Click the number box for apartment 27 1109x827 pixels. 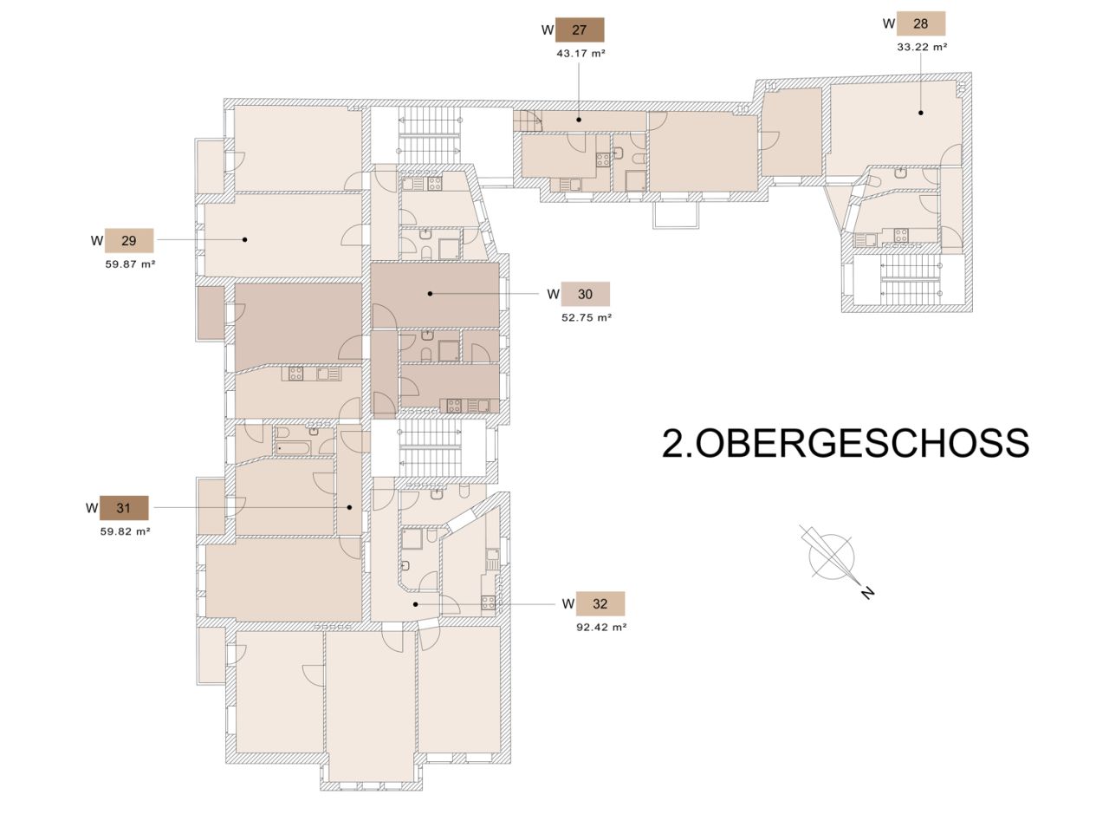point(580,30)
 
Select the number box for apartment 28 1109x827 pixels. point(920,23)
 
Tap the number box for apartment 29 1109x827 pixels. point(129,240)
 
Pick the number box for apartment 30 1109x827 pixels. point(585,294)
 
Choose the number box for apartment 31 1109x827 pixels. point(124,507)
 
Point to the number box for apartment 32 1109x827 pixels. point(600,603)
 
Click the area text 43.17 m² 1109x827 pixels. point(580,53)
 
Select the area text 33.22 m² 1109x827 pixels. point(921,47)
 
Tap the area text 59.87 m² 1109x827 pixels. point(130,264)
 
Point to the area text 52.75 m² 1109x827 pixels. point(587,317)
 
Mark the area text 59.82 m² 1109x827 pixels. point(125,531)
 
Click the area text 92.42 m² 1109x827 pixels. point(600,627)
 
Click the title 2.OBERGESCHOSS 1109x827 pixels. point(846,442)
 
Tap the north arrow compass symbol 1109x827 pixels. point(830,555)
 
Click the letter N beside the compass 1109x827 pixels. point(867,593)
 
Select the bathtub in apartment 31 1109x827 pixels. point(296,447)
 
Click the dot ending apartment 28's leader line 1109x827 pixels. point(921,112)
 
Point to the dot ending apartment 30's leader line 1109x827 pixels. point(430,294)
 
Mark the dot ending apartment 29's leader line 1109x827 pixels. point(245,239)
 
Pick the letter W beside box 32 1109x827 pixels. point(567,603)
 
